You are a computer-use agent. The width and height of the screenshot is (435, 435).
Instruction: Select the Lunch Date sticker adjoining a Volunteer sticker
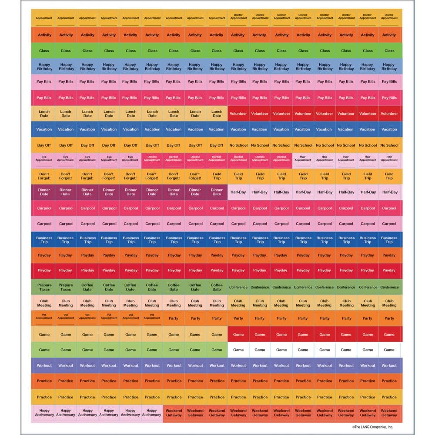(217, 114)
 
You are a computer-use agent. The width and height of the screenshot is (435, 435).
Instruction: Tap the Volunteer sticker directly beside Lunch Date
(238, 114)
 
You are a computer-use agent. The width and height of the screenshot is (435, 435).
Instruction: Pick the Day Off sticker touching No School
(217, 145)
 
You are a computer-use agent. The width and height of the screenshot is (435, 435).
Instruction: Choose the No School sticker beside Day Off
(238, 145)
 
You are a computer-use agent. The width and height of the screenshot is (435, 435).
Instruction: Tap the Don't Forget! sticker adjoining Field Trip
(195, 176)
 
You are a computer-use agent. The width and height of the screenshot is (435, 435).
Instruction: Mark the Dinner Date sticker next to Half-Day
(217, 192)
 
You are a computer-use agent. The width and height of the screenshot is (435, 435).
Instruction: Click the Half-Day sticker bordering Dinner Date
(238, 192)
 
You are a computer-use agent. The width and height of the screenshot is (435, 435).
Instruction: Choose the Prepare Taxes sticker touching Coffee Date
(66, 287)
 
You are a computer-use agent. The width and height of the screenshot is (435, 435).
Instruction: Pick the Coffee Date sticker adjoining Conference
(217, 287)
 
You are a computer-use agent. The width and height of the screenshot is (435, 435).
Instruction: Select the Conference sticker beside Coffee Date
(238, 287)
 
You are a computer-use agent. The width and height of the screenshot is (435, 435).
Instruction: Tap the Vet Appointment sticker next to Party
(152, 318)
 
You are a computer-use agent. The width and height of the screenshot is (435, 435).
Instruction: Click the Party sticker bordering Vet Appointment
(174, 318)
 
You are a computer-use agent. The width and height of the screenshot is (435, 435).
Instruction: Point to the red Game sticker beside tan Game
(238, 335)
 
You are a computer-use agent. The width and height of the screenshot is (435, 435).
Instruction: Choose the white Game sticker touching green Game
(238, 350)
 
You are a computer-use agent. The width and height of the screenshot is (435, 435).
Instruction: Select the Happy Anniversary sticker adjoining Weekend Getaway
(152, 412)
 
